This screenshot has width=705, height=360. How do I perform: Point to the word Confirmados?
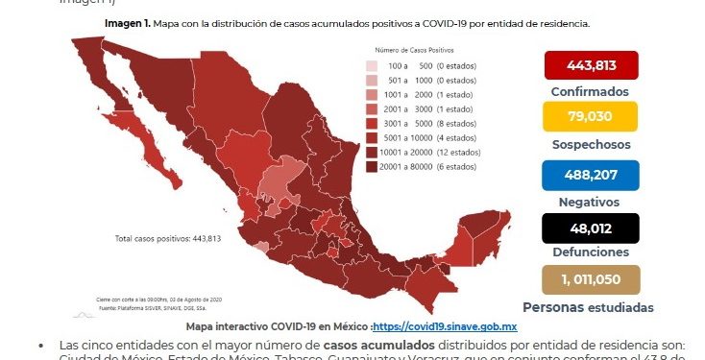[x=591, y=91]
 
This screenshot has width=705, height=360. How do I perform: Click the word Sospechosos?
[x=591, y=144]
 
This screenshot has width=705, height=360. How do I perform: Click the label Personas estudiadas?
[x=589, y=307]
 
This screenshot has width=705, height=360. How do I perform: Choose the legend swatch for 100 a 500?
[x=370, y=65]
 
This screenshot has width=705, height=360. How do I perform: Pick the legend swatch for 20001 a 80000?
[x=370, y=165]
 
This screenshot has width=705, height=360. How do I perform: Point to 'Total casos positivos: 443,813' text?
[x=168, y=238]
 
